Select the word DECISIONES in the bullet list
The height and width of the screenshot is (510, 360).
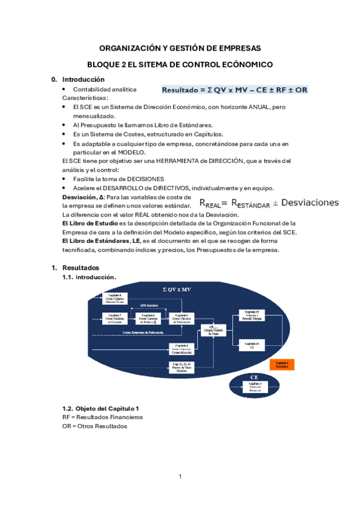point(143,179)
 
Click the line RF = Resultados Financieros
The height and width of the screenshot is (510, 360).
point(102,417)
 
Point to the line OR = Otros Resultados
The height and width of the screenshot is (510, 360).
point(95,426)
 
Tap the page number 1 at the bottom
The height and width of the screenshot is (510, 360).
point(180,477)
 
